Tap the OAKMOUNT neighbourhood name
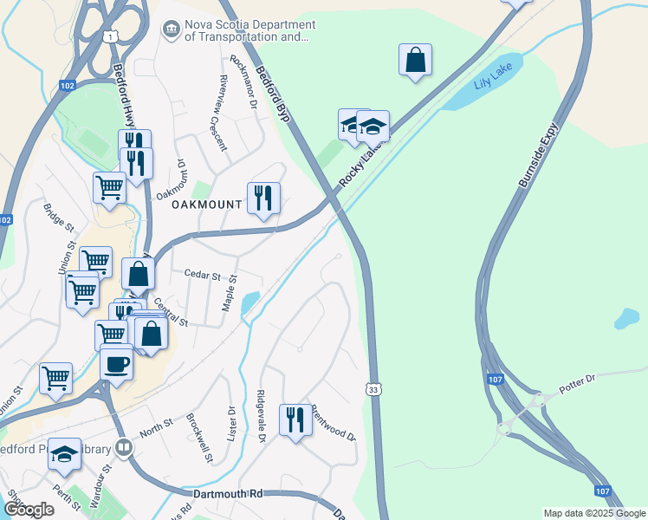pyautogui.click(x=205, y=205)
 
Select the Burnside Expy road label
pyautogui.click(x=538, y=155)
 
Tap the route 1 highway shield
pyautogui.click(x=108, y=35)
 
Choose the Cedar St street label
pyautogui.click(x=203, y=274)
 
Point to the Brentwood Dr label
pyautogui.click(x=334, y=421)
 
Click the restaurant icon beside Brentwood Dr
pyautogui.click(x=295, y=420)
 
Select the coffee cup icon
pyautogui.click(x=116, y=363)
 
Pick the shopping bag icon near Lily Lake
pyautogui.click(x=416, y=60)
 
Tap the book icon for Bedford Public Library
pyautogui.click(x=124, y=448)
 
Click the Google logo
pyautogui.click(x=29, y=510)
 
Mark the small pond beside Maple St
pyautogui.click(x=250, y=302)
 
